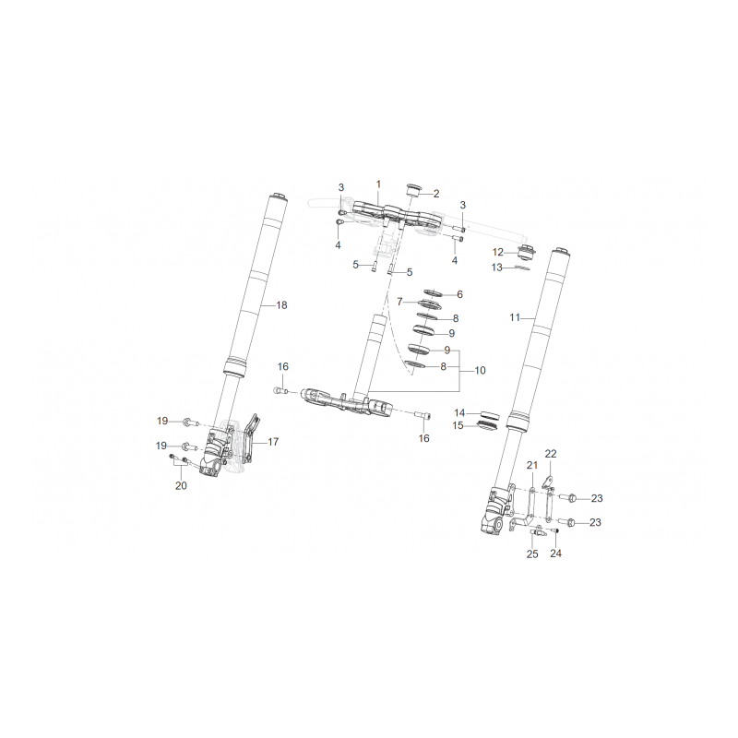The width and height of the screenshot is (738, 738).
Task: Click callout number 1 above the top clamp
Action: click(x=378, y=184)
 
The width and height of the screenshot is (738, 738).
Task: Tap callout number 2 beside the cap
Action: click(x=436, y=194)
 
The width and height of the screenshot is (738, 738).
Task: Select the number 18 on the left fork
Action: click(x=281, y=305)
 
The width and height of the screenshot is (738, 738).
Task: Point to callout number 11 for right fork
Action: click(x=515, y=317)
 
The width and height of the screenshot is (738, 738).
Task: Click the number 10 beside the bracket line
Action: click(x=480, y=371)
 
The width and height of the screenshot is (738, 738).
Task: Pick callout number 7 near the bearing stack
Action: click(x=399, y=302)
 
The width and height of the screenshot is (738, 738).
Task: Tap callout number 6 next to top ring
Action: click(x=459, y=294)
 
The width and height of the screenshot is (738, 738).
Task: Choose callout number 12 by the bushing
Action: click(x=498, y=252)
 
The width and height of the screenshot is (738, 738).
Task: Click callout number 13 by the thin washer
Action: click(x=497, y=268)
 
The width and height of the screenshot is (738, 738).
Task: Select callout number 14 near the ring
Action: click(x=459, y=412)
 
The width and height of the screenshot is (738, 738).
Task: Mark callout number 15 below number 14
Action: click(x=458, y=425)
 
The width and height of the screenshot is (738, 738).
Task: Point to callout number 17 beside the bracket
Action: click(x=273, y=442)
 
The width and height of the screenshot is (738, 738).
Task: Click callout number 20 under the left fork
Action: click(x=181, y=486)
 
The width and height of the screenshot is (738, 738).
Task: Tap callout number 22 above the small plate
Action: click(x=551, y=454)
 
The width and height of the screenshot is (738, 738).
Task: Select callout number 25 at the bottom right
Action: click(x=532, y=554)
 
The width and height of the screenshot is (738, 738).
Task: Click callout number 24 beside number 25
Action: click(x=556, y=553)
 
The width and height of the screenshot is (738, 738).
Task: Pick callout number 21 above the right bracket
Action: click(x=532, y=465)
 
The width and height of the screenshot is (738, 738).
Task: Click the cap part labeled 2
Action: click(x=412, y=190)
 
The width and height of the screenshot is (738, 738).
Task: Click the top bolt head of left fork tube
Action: click(x=278, y=196)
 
